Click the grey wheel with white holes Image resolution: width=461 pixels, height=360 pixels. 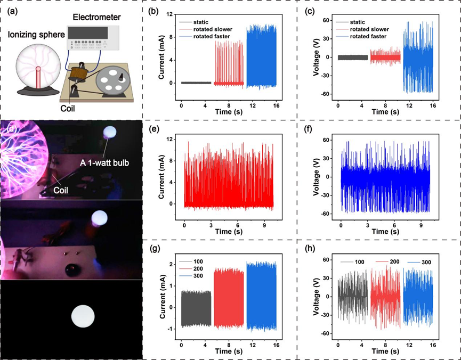pos(113,80)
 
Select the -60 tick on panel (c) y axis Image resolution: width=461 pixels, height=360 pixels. pos(325,94)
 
